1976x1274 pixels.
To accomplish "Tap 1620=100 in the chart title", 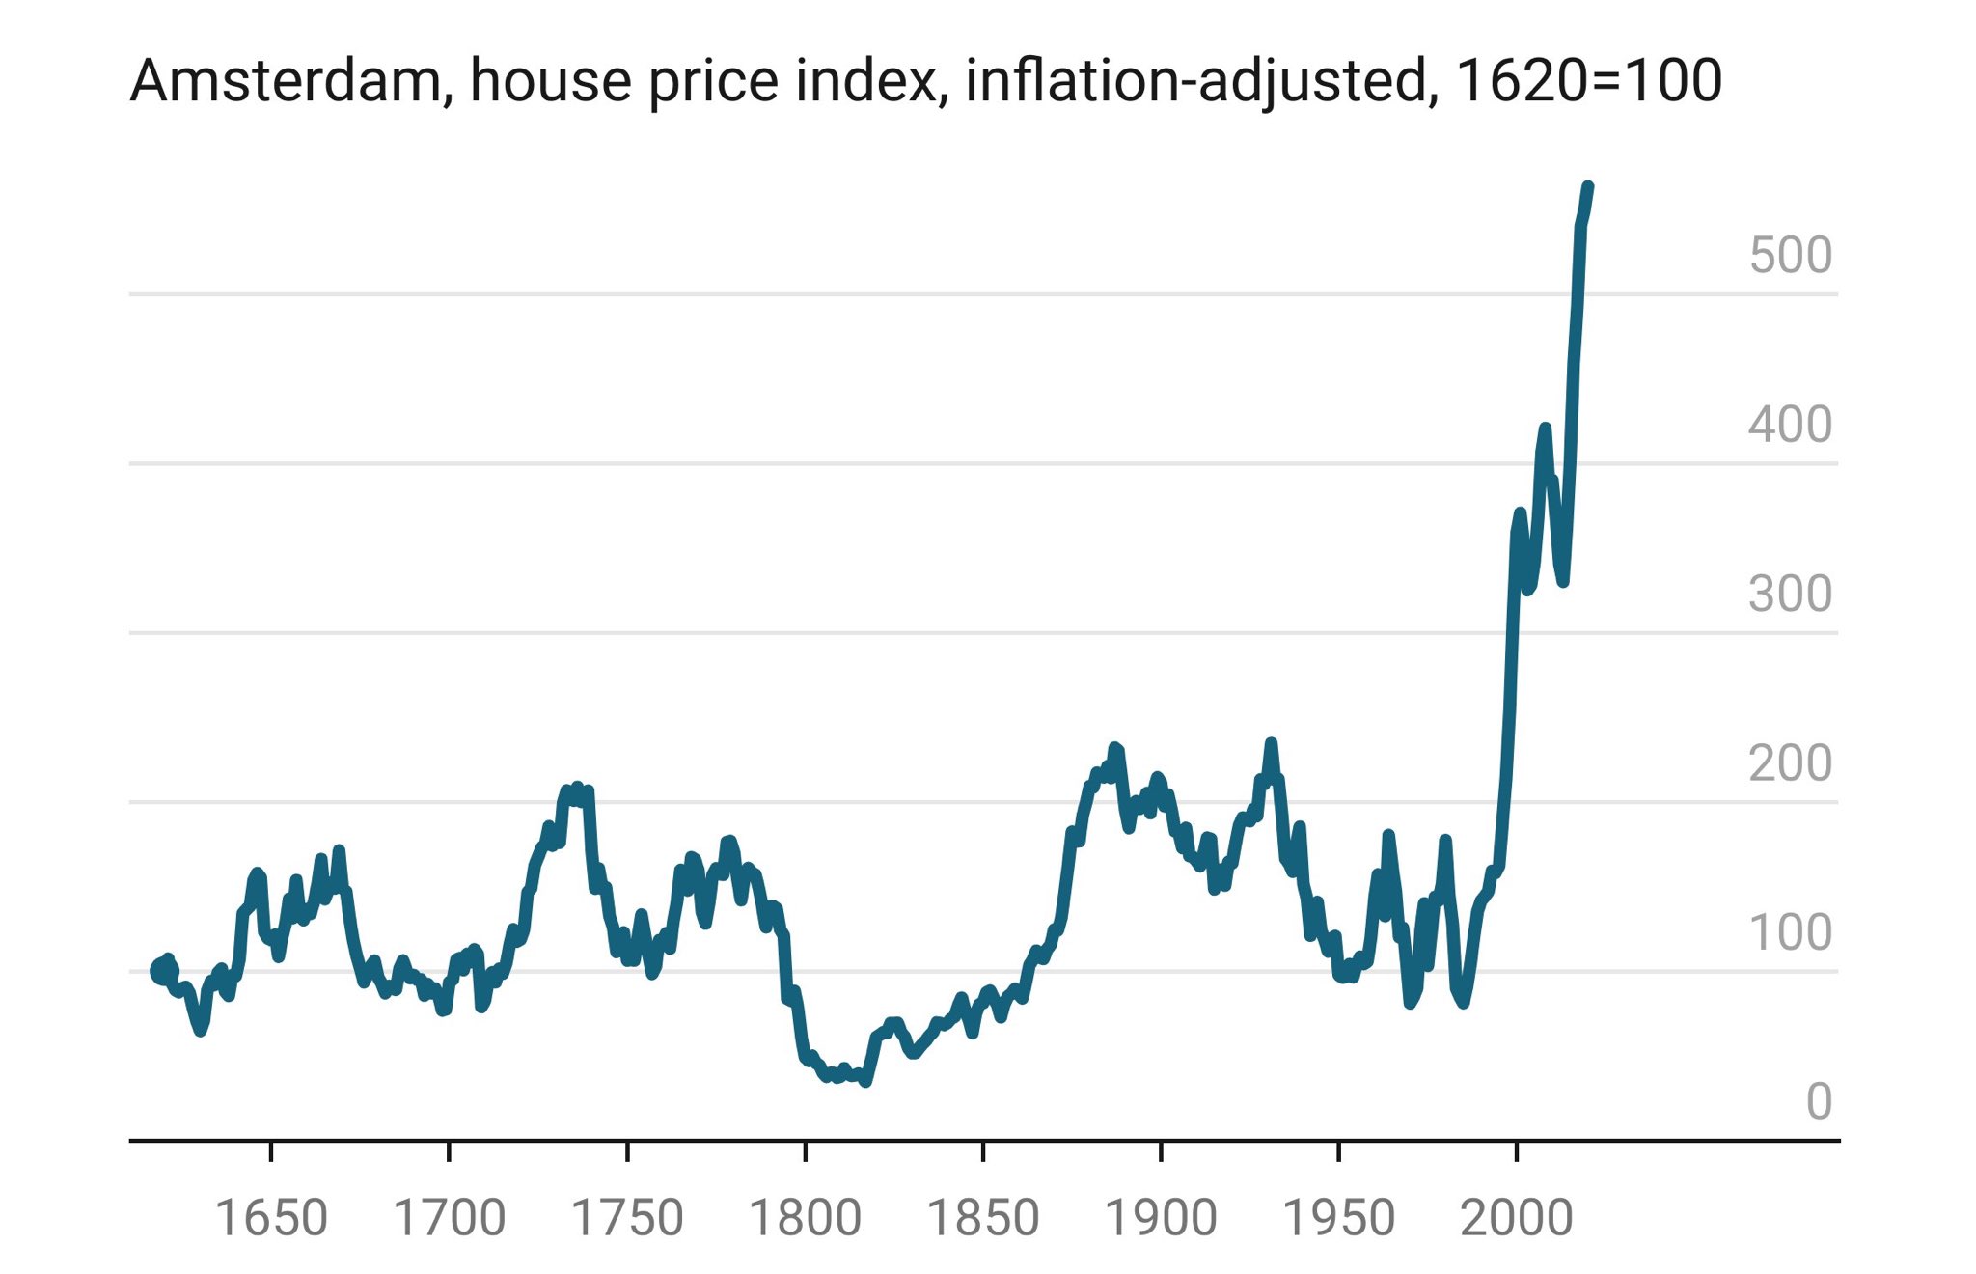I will (1588, 81).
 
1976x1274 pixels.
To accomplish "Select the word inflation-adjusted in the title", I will (1195, 81).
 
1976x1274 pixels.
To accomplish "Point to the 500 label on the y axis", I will (1790, 256).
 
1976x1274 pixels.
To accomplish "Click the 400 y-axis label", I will (1790, 425).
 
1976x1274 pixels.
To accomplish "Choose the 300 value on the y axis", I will (1790, 595).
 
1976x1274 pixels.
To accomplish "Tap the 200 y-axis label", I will (1790, 763).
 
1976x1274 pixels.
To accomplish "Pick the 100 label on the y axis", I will (1790, 932).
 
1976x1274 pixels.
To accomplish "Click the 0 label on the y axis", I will (1818, 1101).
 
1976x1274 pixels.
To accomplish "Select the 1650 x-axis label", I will (271, 1218).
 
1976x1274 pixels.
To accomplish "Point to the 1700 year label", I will (449, 1218).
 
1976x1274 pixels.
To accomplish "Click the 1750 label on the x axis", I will (627, 1218).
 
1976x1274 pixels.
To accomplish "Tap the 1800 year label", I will (805, 1218).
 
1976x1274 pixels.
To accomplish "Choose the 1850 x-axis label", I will (982, 1218).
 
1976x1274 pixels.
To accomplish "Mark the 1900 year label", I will (1160, 1218).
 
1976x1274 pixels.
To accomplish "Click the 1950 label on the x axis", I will (1338, 1218).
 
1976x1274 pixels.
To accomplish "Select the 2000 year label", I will (1516, 1218).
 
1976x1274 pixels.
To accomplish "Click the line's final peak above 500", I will (1588, 186).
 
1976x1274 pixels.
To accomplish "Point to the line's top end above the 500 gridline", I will (1588, 187).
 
